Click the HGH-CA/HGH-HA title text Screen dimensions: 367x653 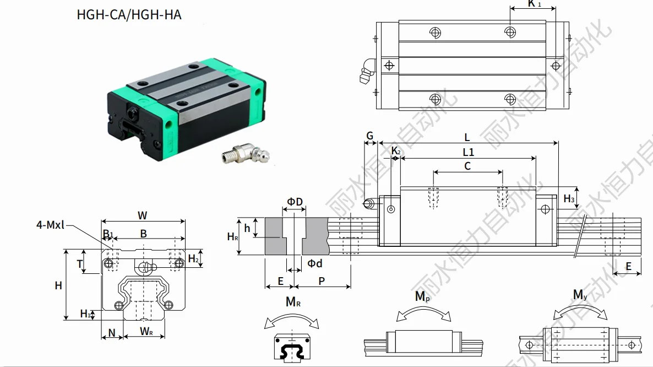[x=129, y=14]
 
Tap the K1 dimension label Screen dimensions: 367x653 [x=534, y=4]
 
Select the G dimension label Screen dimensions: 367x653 [x=369, y=136]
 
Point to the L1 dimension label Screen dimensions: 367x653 [x=468, y=152]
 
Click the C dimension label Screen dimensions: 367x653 [x=467, y=166]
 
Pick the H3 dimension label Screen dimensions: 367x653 [x=569, y=198]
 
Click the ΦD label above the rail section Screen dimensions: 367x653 [x=295, y=202]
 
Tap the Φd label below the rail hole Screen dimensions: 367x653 [x=314, y=263]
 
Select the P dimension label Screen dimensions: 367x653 [x=322, y=281]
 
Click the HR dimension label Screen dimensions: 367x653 [x=233, y=236]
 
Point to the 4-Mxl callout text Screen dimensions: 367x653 [x=51, y=224]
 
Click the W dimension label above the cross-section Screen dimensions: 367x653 [x=142, y=215]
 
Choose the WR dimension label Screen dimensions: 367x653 [x=146, y=331]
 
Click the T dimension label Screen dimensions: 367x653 [x=79, y=264]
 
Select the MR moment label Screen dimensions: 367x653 [x=293, y=302]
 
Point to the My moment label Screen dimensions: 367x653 [x=580, y=295]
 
